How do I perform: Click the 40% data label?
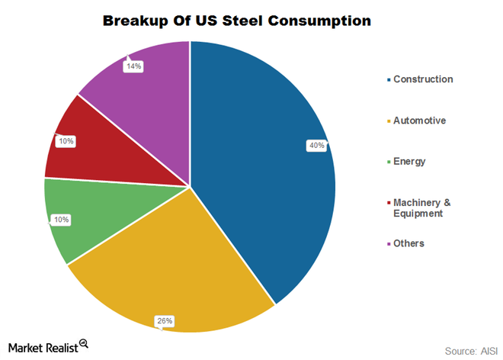(x=316, y=145)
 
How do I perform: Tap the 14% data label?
(x=133, y=66)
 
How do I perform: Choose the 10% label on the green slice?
(x=60, y=220)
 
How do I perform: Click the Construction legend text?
(x=422, y=79)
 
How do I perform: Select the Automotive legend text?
(x=419, y=121)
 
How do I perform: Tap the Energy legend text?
(x=409, y=162)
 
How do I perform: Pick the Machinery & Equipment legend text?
(x=422, y=207)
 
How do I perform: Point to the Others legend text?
(x=408, y=243)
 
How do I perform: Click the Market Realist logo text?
(x=43, y=346)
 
